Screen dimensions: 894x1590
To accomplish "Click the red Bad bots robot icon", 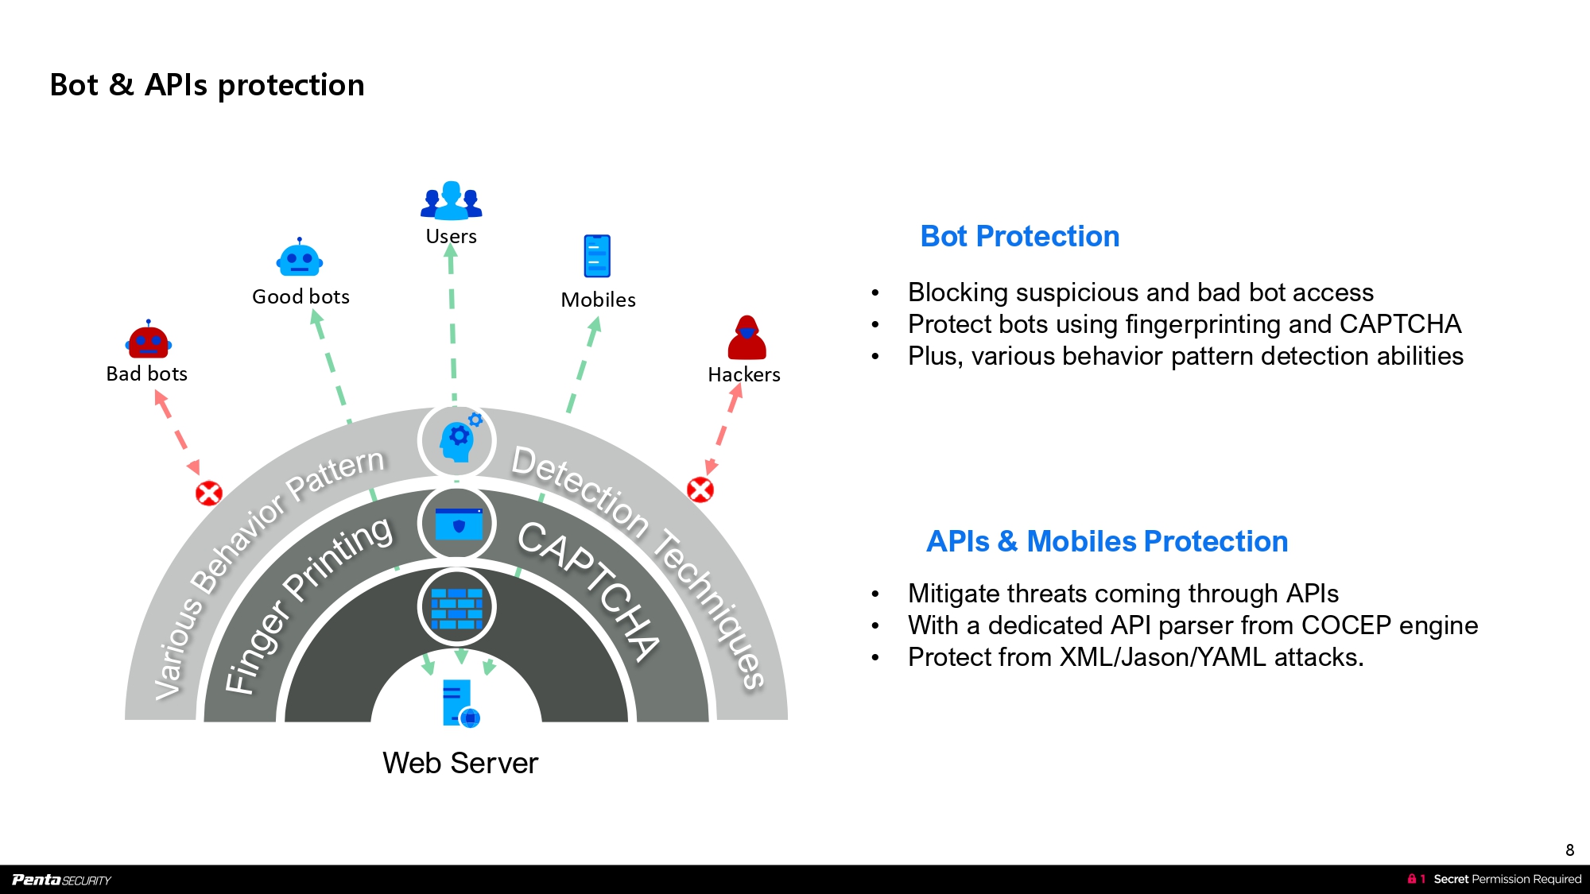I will coord(149,340).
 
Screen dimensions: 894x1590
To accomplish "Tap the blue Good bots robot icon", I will coord(300,258).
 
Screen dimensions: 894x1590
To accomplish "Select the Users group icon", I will coord(452,200).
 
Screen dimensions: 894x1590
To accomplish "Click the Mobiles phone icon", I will coord(597,256).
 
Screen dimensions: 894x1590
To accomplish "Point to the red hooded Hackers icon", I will coord(747,338).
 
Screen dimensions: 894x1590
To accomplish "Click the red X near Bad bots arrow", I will coord(209,493).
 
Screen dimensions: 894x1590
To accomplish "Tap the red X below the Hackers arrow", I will coord(700,490).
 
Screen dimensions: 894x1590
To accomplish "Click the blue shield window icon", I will coord(458,524).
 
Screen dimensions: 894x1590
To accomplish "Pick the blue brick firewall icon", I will coord(457,609).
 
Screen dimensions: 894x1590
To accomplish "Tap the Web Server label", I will coord(460,763).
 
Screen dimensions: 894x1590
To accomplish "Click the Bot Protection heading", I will coord(1020,236).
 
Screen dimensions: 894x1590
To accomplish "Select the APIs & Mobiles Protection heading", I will coord(1107,541).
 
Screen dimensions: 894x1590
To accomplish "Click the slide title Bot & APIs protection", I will coord(207,85).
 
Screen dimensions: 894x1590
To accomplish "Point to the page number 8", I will coord(1569,849).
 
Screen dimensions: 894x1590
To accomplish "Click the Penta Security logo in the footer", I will coord(61,880).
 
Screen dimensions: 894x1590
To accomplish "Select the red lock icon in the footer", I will coord(1411,879).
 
